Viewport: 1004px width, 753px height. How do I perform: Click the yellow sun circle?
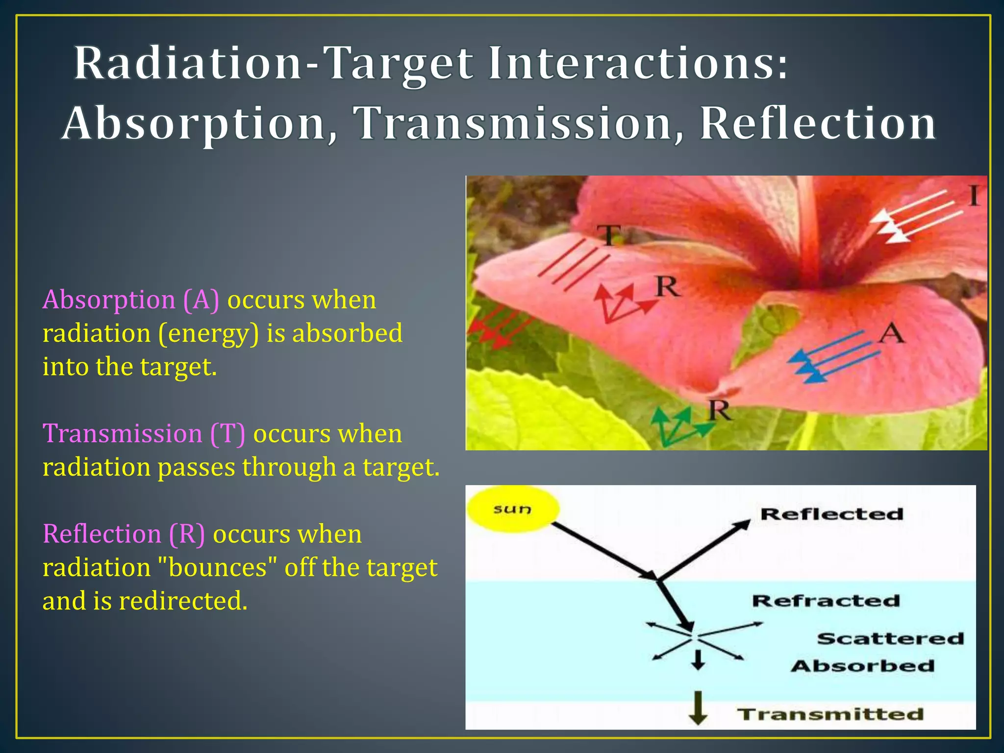click(513, 509)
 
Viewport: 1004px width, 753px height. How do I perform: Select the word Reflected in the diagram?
click(831, 514)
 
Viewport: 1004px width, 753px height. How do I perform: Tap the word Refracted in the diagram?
click(826, 601)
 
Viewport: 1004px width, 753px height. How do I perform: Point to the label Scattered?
click(890, 638)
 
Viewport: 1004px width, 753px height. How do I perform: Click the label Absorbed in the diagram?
click(863, 666)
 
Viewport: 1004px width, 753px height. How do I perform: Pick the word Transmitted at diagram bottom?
click(830, 714)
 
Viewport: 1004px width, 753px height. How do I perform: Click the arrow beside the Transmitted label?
click(698, 708)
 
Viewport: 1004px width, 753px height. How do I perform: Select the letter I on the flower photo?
click(974, 197)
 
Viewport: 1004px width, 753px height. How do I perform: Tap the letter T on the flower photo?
click(610, 235)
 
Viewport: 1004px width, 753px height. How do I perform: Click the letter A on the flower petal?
click(891, 334)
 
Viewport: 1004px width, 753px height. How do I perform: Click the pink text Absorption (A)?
click(131, 300)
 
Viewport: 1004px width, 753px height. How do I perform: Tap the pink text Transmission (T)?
click(144, 433)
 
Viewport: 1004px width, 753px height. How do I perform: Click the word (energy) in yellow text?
click(208, 333)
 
